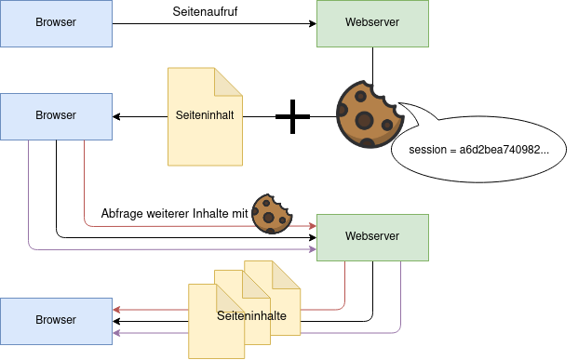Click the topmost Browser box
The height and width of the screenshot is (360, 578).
[x=56, y=23]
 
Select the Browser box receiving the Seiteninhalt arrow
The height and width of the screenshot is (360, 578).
[x=56, y=116]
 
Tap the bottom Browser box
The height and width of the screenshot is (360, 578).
[x=56, y=320]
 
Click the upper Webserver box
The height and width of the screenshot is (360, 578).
[x=372, y=23]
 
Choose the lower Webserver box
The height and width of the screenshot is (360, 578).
[x=372, y=237]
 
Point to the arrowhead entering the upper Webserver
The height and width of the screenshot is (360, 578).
[x=312, y=24]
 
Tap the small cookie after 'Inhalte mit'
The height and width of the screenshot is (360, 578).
[x=272, y=214]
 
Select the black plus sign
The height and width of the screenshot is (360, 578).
[x=292, y=117]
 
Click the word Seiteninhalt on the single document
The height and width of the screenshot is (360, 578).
[x=205, y=117]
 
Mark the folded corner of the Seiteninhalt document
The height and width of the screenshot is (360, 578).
[x=229, y=81]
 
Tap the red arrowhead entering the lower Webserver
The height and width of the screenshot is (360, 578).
[x=312, y=225]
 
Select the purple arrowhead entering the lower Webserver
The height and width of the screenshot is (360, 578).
[x=312, y=249]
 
